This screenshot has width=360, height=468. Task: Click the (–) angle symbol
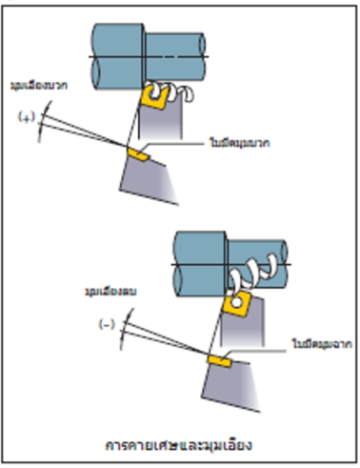coord(107,323)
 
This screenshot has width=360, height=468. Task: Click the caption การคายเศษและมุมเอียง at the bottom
coord(180,444)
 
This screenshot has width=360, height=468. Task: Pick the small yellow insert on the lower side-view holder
coord(219,360)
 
